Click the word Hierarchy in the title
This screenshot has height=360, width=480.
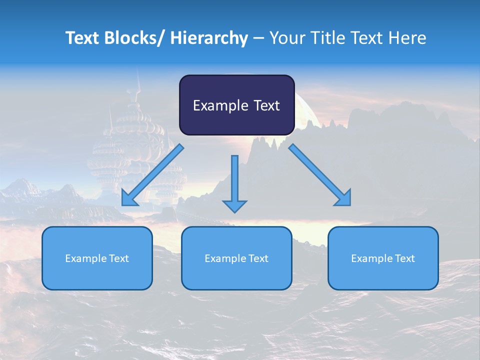pyautogui.click(x=209, y=38)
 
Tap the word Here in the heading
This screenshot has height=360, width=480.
pyautogui.click(x=407, y=38)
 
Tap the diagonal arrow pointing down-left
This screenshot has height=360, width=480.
pyautogui.click(x=152, y=175)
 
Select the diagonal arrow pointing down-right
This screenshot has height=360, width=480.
pyautogui.click(x=320, y=175)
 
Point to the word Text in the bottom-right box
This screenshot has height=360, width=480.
pyautogui.click(x=404, y=258)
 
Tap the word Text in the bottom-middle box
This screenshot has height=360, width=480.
pyautogui.click(x=258, y=258)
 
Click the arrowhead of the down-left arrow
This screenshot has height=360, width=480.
pyautogui.click(x=129, y=198)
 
